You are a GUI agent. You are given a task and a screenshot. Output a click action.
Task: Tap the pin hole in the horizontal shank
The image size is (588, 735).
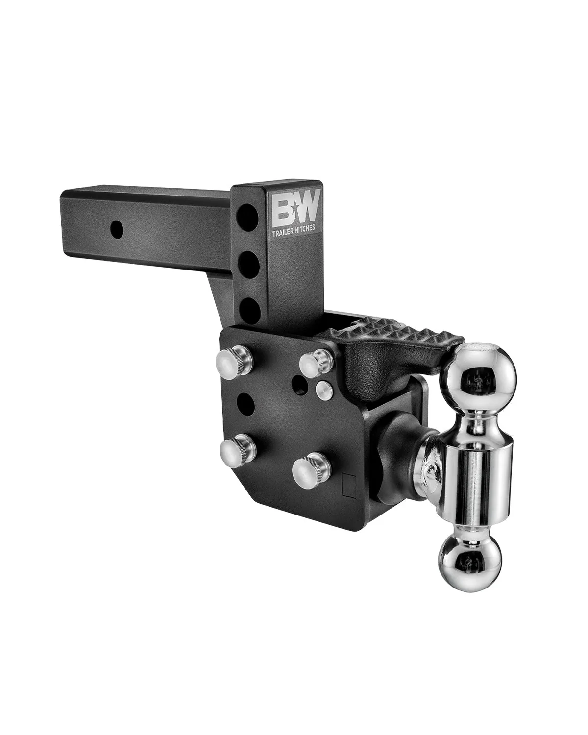pyautogui.click(x=116, y=227)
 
